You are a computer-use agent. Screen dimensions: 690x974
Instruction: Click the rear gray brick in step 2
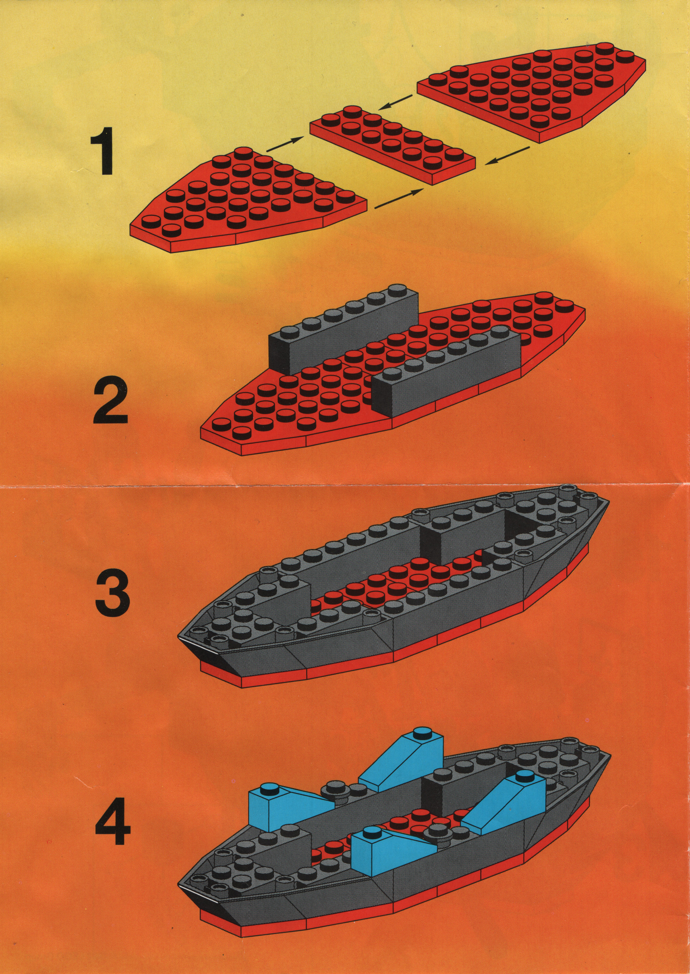(343, 322)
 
